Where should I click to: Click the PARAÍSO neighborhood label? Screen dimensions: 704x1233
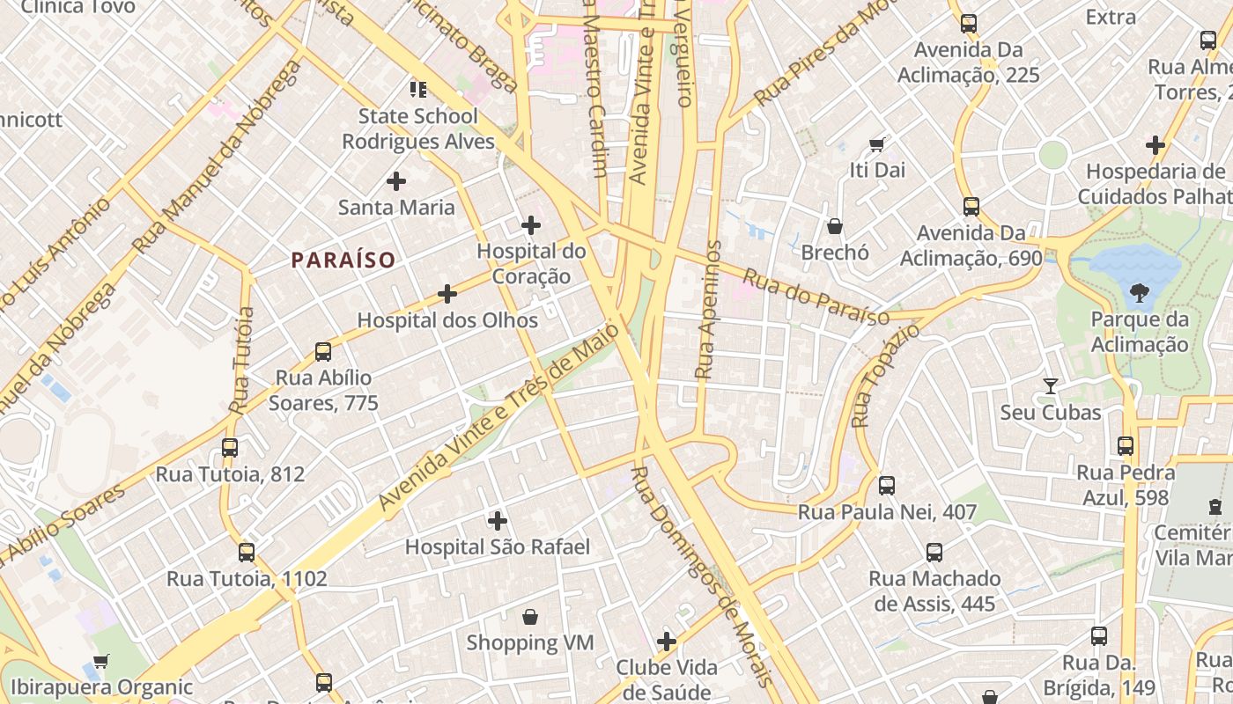tap(343, 260)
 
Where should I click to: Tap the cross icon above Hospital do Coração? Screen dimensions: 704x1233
tap(531, 225)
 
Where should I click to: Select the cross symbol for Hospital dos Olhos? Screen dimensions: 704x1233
tap(447, 294)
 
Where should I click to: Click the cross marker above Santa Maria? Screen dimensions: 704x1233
tap(396, 181)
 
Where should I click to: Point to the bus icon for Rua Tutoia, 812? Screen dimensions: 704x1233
tap(230, 448)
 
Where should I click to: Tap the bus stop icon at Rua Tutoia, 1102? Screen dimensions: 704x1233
tap(247, 553)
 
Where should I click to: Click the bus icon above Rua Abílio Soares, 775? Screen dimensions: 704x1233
tap(323, 352)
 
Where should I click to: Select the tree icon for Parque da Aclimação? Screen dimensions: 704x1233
tap(1140, 292)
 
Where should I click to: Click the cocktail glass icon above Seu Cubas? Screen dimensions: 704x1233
tap(1050, 385)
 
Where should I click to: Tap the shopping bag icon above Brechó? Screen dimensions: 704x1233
tap(835, 226)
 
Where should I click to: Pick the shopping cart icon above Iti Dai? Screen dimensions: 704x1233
tap(877, 143)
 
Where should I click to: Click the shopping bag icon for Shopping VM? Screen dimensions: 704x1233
tap(530, 616)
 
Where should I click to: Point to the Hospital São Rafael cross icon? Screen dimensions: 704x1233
tap(498, 521)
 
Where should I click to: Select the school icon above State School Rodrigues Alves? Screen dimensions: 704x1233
tap(417, 89)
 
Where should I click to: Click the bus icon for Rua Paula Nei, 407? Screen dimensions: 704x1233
tap(887, 485)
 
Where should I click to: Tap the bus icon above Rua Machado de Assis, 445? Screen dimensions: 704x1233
tap(934, 553)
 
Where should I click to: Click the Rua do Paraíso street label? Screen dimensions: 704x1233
tap(816, 297)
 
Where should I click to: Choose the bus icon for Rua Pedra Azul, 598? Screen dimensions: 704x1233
tap(1126, 446)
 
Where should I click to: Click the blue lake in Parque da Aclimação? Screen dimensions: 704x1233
tap(1136, 262)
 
